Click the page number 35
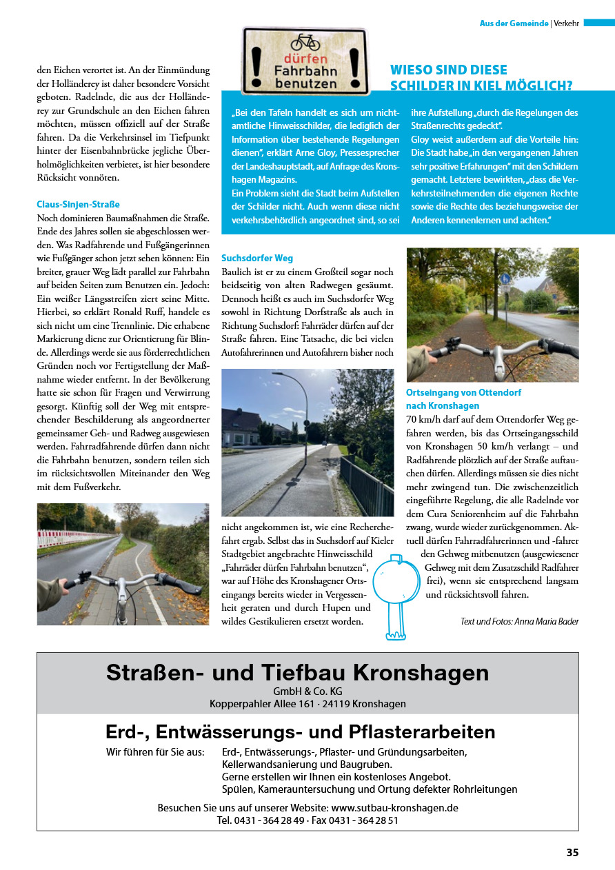572,852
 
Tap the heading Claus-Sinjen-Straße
78,204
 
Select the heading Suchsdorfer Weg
257,258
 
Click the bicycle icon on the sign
305,42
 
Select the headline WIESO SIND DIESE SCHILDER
481,77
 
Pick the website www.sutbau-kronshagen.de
394,807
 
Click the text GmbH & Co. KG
307,691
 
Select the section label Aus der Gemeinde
514,23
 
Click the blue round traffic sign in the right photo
505,279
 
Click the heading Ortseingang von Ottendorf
454,392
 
